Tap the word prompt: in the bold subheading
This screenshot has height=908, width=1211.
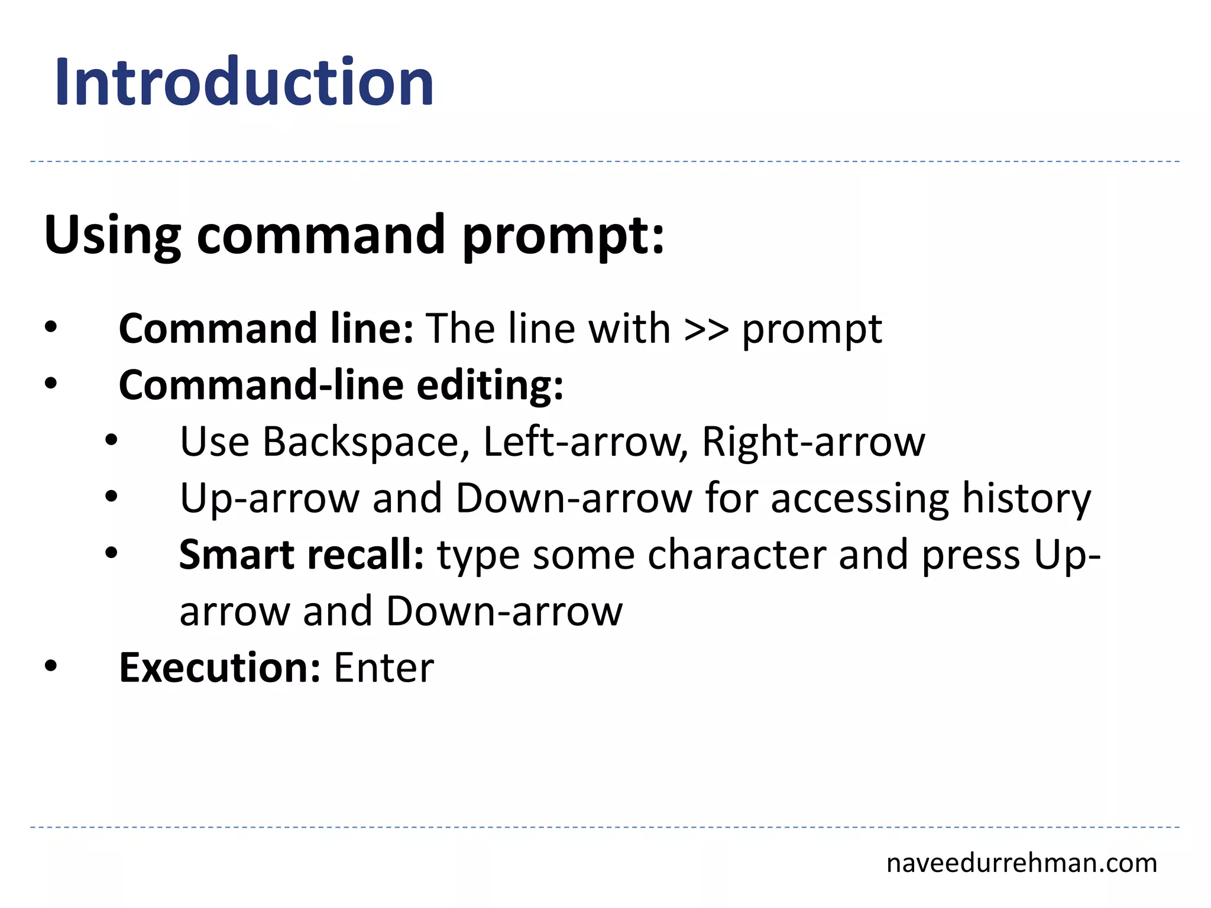point(563,235)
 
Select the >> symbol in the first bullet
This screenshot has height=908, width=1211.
point(705,329)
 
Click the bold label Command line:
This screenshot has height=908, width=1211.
point(265,328)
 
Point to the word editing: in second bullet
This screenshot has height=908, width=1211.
point(490,385)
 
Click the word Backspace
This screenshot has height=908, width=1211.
point(361,442)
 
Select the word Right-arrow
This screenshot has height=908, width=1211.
point(813,442)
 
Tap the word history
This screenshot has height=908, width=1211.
point(1026,498)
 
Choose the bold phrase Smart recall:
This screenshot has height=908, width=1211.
point(302,554)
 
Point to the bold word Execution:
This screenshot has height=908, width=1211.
point(220,667)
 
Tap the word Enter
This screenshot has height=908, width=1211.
point(384,667)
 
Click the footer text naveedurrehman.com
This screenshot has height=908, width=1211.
point(1021,863)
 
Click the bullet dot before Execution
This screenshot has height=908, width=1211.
point(51,666)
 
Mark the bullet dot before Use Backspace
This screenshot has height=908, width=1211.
point(112,440)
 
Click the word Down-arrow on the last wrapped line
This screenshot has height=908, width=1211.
point(504,611)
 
